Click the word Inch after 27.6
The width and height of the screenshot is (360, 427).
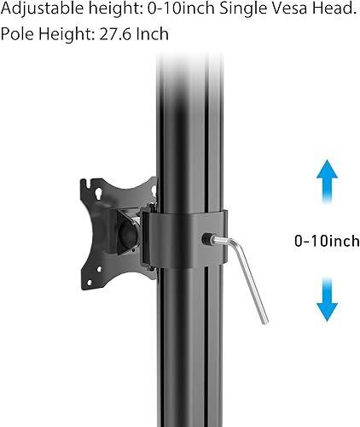point(154,35)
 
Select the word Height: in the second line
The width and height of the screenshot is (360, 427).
point(69,35)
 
